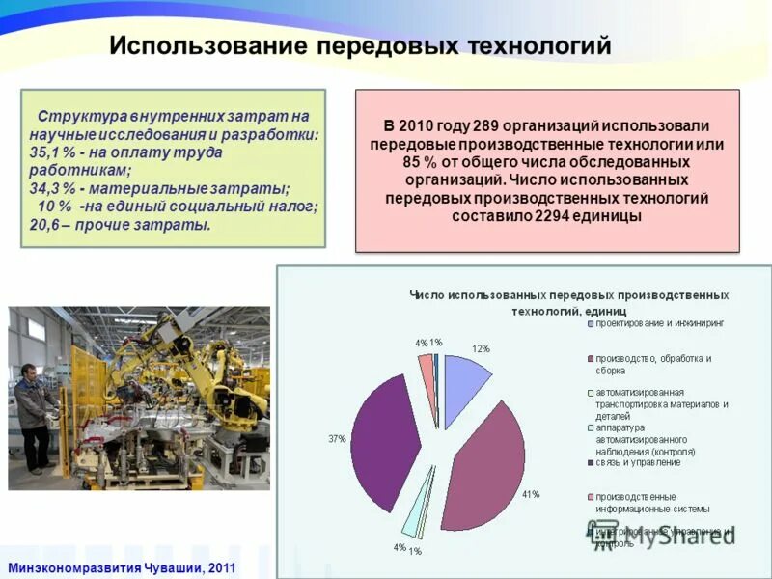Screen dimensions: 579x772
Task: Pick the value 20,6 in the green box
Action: click(x=45, y=224)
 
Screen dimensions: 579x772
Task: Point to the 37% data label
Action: click(x=337, y=438)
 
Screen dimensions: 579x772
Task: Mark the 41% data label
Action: click(x=531, y=494)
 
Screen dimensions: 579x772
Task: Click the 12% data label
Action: click(x=481, y=348)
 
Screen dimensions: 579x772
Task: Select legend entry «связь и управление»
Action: click(x=638, y=462)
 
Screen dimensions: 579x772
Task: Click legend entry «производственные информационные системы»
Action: click(x=652, y=502)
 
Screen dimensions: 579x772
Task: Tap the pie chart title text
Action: click(x=569, y=302)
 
